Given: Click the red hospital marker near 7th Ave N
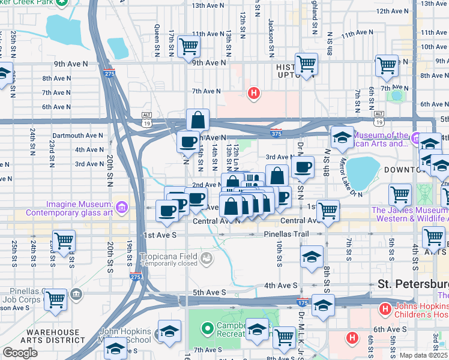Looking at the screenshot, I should (x=254, y=93).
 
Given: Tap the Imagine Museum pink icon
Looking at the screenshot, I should (x=122, y=208).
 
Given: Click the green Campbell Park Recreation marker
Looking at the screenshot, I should (x=208, y=328).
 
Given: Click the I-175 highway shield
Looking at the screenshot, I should (x=303, y=301).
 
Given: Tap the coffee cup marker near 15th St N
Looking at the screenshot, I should (x=188, y=142).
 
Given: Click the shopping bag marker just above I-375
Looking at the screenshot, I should (x=197, y=120).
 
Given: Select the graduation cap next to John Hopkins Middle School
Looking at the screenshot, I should (x=169, y=331).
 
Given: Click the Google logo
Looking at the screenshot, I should (x=20, y=353).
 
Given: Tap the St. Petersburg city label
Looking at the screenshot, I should (x=413, y=283).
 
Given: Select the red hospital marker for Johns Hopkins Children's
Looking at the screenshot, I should (x=384, y=309).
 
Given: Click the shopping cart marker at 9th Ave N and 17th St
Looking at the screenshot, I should (x=189, y=45).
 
